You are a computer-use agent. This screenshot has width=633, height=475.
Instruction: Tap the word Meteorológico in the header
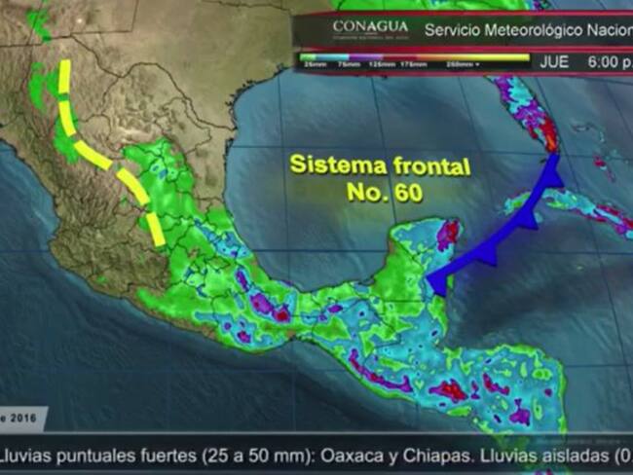(544, 30)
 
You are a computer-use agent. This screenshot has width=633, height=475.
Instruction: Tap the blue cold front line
(506, 229)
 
